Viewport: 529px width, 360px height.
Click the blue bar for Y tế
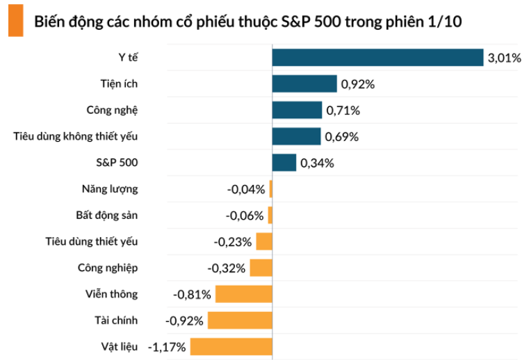point(377,58)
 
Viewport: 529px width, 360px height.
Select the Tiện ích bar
point(304,84)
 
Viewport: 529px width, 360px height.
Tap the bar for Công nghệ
point(297,111)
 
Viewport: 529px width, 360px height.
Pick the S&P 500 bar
point(284,163)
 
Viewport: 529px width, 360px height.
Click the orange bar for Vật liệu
point(231,346)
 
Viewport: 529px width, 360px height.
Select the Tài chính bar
point(239,320)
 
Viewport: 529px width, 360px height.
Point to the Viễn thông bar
point(243,294)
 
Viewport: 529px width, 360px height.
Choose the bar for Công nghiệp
point(261,268)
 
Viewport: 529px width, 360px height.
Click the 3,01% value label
point(504,58)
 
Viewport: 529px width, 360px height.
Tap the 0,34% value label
point(317,163)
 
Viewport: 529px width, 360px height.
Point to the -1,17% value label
point(168,346)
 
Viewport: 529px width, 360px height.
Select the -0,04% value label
point(246,189)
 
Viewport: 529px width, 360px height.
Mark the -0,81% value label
point(192,294)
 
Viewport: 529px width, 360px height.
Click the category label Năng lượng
point(109,188)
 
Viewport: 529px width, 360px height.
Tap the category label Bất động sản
point(106,215)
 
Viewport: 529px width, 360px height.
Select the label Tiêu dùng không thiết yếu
point(76,136)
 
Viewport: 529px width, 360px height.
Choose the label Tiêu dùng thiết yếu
point(91,241)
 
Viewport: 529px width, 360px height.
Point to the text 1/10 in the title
point(449,22)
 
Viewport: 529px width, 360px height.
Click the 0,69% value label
point(341,137)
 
